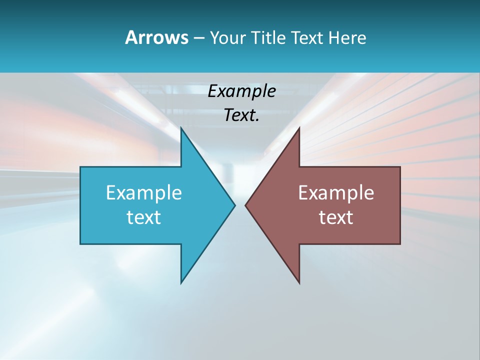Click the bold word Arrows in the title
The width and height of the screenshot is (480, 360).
point(156,37)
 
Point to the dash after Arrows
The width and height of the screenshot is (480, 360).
point(198,38)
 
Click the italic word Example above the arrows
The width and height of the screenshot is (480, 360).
point(241,91)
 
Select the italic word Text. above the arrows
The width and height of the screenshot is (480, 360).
point(241,115)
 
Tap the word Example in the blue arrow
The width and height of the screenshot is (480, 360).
point(144,192)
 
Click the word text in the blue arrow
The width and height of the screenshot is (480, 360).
point(144,217)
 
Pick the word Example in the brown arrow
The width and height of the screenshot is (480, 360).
point(336,192)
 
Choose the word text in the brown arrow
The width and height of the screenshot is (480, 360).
point(336,217)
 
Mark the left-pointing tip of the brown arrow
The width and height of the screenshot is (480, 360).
point(246,205)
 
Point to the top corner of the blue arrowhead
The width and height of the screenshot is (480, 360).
point(181,128)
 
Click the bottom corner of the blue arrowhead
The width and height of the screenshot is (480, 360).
point(181,282)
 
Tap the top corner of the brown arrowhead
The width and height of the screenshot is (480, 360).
point(299,128)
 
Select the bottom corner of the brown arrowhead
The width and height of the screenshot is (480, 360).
point(299,282)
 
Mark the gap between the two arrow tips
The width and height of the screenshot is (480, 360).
point(240,205)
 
